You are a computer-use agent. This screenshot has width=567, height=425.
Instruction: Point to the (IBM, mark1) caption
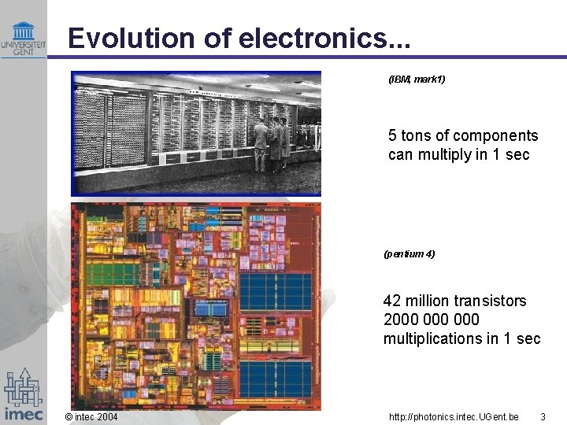(417, 79)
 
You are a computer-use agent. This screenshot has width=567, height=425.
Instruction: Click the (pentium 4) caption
(409, 254)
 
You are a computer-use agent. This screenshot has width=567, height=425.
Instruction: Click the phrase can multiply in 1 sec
(458, 154)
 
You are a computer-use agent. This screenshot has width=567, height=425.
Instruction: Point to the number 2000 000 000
(431, 320)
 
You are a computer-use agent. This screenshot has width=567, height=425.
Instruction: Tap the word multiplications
(432, 338)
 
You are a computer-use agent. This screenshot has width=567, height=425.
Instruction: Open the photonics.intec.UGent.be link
(454, 416)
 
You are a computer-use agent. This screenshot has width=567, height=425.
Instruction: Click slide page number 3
(543, 416)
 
